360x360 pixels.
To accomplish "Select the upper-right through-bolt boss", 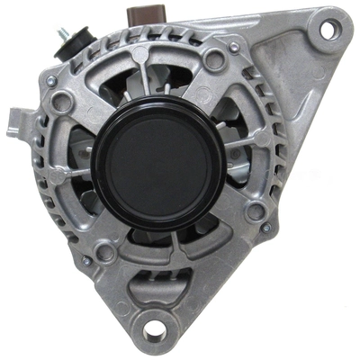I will [215, 59].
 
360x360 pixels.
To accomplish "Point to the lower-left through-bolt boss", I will [105, 253].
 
